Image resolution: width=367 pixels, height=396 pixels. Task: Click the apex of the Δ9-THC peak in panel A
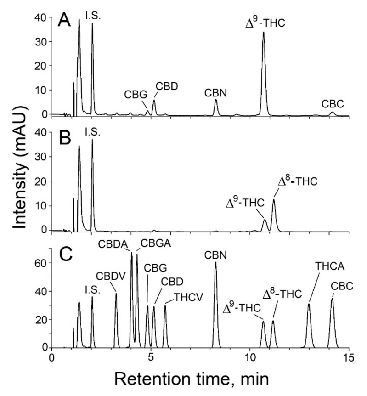pyautogui.click(x=264, y=32)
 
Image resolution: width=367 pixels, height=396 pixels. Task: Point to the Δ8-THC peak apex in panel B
pyautogui.click(x=274, y=199)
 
